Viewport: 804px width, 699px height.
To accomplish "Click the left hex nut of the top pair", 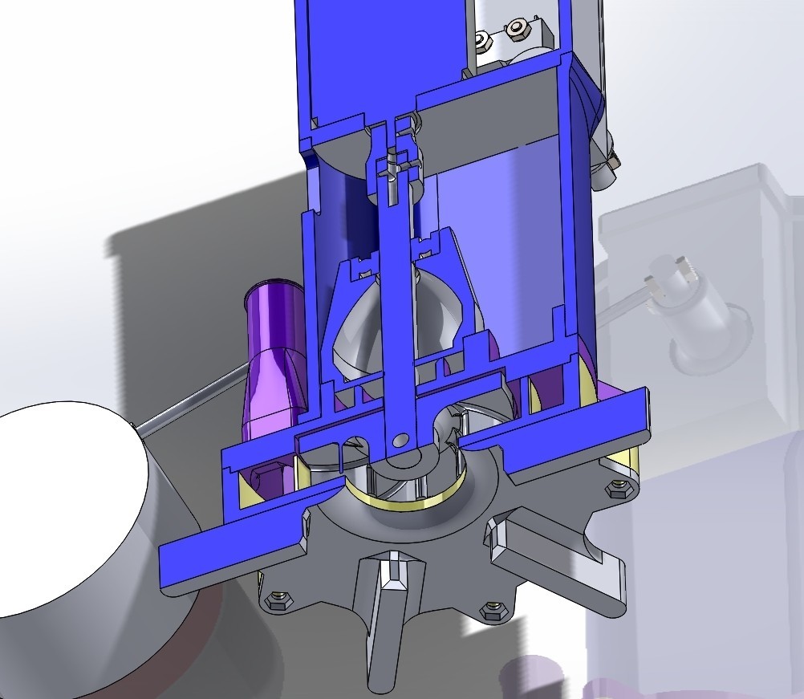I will [482, 39].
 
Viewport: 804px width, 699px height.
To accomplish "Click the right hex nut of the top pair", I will [514, 30].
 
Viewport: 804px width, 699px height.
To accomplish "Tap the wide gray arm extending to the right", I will [562, 562].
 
